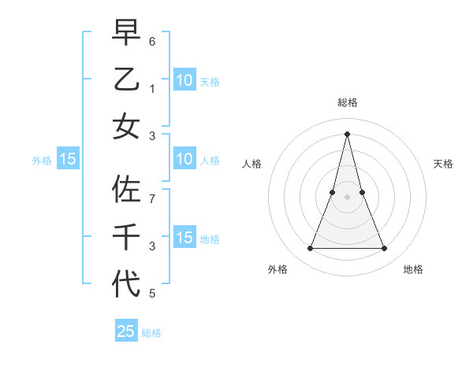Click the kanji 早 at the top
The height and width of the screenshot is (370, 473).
click(126, 33)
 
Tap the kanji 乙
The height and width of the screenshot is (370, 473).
click(126, 80)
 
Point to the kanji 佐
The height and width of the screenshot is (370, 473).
click(126, 190)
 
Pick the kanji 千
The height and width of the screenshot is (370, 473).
click(126, 236)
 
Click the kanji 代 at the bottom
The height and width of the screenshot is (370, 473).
click(126, 283)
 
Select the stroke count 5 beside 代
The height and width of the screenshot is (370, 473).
click(153, 294)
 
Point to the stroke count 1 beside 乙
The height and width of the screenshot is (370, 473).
click(153, 89)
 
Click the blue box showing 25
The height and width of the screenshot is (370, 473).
click(126, 331)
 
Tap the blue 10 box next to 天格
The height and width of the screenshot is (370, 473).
click(184, 80)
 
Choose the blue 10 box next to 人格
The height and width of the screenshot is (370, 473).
click(184, 159)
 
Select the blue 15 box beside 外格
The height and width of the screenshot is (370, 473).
click(68, 159)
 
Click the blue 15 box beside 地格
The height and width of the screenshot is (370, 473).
click(184, 238)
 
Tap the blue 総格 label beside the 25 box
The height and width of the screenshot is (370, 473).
click(151, 333)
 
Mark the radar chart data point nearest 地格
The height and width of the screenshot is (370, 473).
click(384, 249)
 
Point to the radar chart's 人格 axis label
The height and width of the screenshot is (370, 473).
click(252, 164)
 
